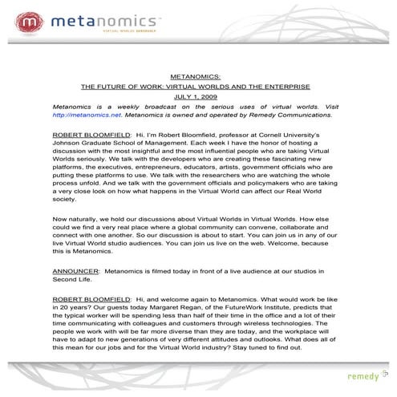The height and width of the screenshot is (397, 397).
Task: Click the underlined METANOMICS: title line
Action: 199,72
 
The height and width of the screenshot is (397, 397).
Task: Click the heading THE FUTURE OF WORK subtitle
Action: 199,84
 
